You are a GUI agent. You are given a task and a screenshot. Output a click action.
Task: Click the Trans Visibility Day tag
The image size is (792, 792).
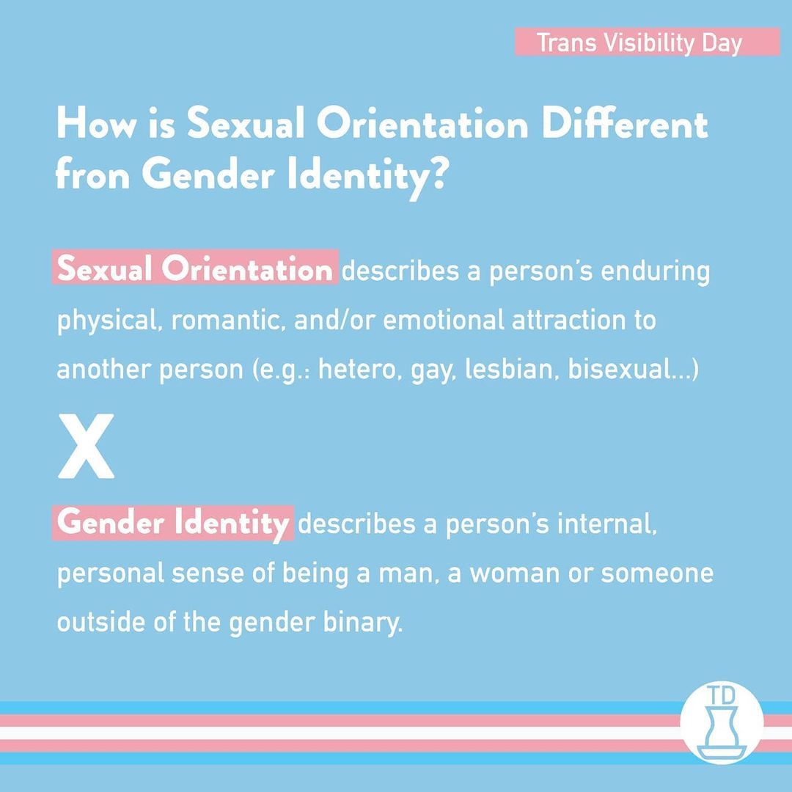[x=647, y=42]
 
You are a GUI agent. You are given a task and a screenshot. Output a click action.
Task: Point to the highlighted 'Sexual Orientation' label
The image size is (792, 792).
[x=195, y=268]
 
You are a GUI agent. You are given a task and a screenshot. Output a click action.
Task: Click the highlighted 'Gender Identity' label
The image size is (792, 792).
[x=173, y=523]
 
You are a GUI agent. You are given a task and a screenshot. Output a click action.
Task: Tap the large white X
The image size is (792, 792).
[x=86, y=446]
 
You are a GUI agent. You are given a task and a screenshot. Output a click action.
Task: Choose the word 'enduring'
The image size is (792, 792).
[x=655, y=271]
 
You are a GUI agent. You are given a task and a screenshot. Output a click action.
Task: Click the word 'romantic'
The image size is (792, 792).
[x=225, y=320]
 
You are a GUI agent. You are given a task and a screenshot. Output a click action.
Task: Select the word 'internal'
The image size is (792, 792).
[x=607, y=524]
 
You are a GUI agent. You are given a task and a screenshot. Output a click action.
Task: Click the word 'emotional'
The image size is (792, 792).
[x=444, y=320]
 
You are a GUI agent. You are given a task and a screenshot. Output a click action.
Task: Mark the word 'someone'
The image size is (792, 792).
[x=656, y=573]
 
